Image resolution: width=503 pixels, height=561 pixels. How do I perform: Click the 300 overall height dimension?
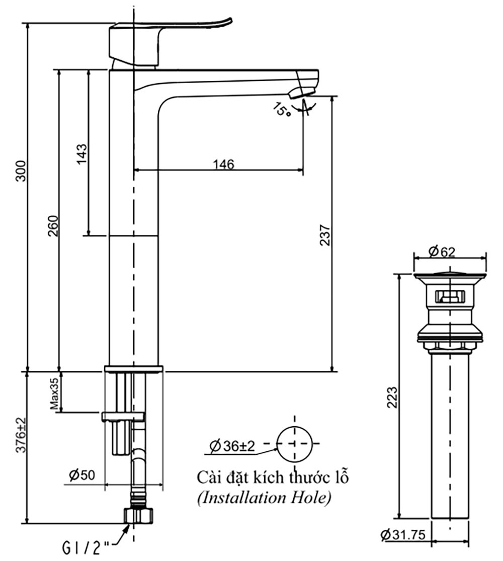(x=21, y=173)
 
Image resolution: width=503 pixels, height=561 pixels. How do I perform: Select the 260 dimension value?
(x=53, y=226)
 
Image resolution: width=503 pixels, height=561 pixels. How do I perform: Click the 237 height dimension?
(x=325, y=234)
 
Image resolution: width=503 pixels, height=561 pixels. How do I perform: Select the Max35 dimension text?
(x=54, y=394)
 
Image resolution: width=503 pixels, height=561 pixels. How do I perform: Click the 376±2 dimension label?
(x=21, y=435)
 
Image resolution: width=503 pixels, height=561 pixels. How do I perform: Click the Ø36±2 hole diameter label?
(x=233, y=445)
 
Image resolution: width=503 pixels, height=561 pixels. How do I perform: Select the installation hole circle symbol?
(x=295, y=444)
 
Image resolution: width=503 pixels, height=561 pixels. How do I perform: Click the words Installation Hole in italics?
(x=264, y=498)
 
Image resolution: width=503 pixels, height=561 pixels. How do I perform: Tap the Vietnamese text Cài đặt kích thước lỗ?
(x=272, y=476)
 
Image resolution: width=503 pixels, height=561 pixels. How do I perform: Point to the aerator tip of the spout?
(x=301, y=92)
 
